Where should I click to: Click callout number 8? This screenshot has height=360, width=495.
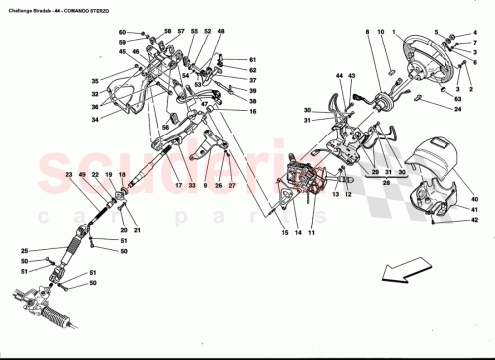[367, 33]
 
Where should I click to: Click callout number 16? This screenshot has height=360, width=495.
[253, 111]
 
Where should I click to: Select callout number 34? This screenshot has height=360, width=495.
[97, 120]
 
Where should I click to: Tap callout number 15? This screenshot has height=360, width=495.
[283, 232]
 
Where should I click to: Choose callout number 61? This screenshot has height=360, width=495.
[253, 59]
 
